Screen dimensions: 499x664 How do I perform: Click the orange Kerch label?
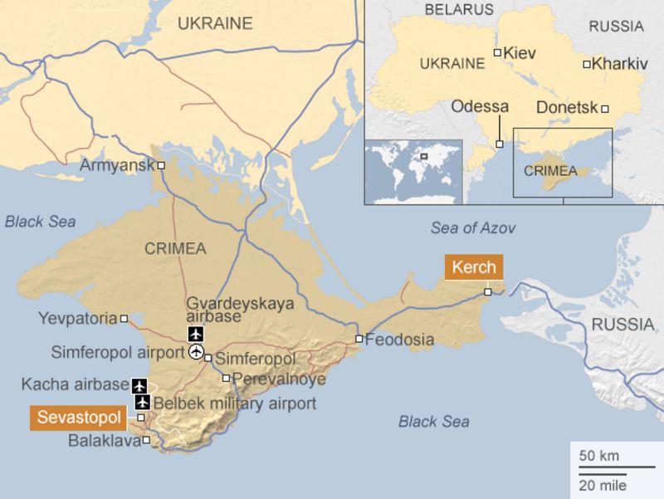[474, 267]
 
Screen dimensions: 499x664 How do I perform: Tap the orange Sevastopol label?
[79, 417]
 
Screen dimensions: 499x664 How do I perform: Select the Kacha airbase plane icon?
[139, 386]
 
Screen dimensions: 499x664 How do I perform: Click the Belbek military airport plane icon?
[142, 404]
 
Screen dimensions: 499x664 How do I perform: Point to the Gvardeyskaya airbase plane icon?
[196, 335]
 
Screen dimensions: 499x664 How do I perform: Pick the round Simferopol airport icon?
[196, 353]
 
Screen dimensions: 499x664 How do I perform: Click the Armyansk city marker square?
[162, 165]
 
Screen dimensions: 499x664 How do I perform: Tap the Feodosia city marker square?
[359, 339]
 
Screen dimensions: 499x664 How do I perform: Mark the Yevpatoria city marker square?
[124, 318]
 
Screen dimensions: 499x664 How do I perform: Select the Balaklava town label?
[104, 441]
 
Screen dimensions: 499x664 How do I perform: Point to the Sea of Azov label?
[473, 228]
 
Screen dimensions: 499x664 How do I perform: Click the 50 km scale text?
[598, 456]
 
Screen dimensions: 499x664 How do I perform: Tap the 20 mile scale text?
[603, 485]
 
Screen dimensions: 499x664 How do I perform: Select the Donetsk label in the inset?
[567, 108]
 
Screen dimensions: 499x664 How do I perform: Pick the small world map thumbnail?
[413, 171]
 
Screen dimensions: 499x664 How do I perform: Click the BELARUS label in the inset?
[458, 10]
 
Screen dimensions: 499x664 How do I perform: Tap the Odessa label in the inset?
[480, 106]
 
